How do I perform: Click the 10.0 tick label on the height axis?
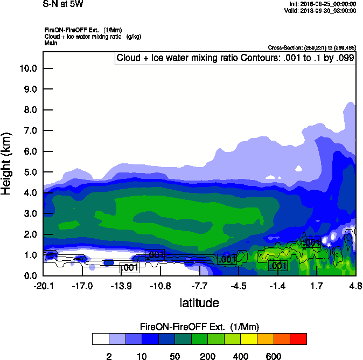click(x=27, y=68)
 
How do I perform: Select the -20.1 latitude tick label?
click(x=43, y=286)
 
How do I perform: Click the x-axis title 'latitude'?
click(x=199, y=303)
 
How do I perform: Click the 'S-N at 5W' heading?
click(x=63, y=4)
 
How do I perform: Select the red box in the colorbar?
click(x=298, y=339)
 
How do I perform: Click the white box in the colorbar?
click(x=101, y=339)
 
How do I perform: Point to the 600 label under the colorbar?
click(x=273, y=356)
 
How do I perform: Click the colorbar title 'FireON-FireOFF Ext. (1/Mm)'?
click(x=199, y=327)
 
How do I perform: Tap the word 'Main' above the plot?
click(x=50, y=43)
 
